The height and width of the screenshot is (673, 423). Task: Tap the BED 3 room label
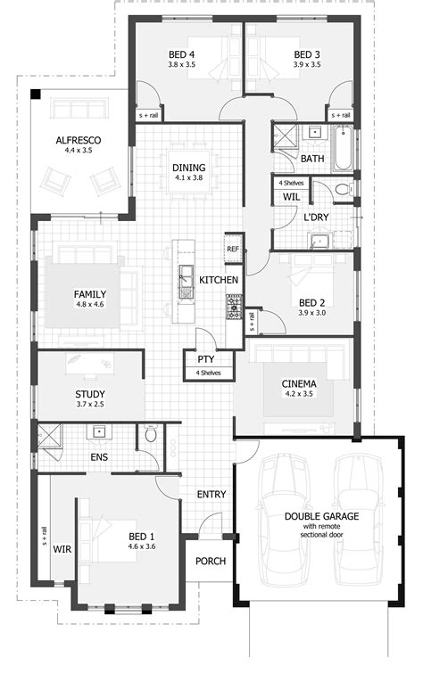click(307, 53)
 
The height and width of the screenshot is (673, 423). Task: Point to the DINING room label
click(189, 167)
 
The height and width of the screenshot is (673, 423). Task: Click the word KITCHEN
click(219, 280)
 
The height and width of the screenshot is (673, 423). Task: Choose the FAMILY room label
click(90, 293)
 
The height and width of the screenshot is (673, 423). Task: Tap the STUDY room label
click(90, 394)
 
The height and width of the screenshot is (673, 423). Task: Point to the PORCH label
click(210, 561)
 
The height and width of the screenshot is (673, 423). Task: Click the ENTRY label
click(210, 494)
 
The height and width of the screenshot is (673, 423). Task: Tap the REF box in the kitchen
click(233, 249)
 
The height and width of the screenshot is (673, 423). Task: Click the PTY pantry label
click(204, 359)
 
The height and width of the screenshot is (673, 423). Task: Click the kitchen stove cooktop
click(234, 308)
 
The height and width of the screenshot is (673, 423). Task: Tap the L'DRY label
click(314, 217)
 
